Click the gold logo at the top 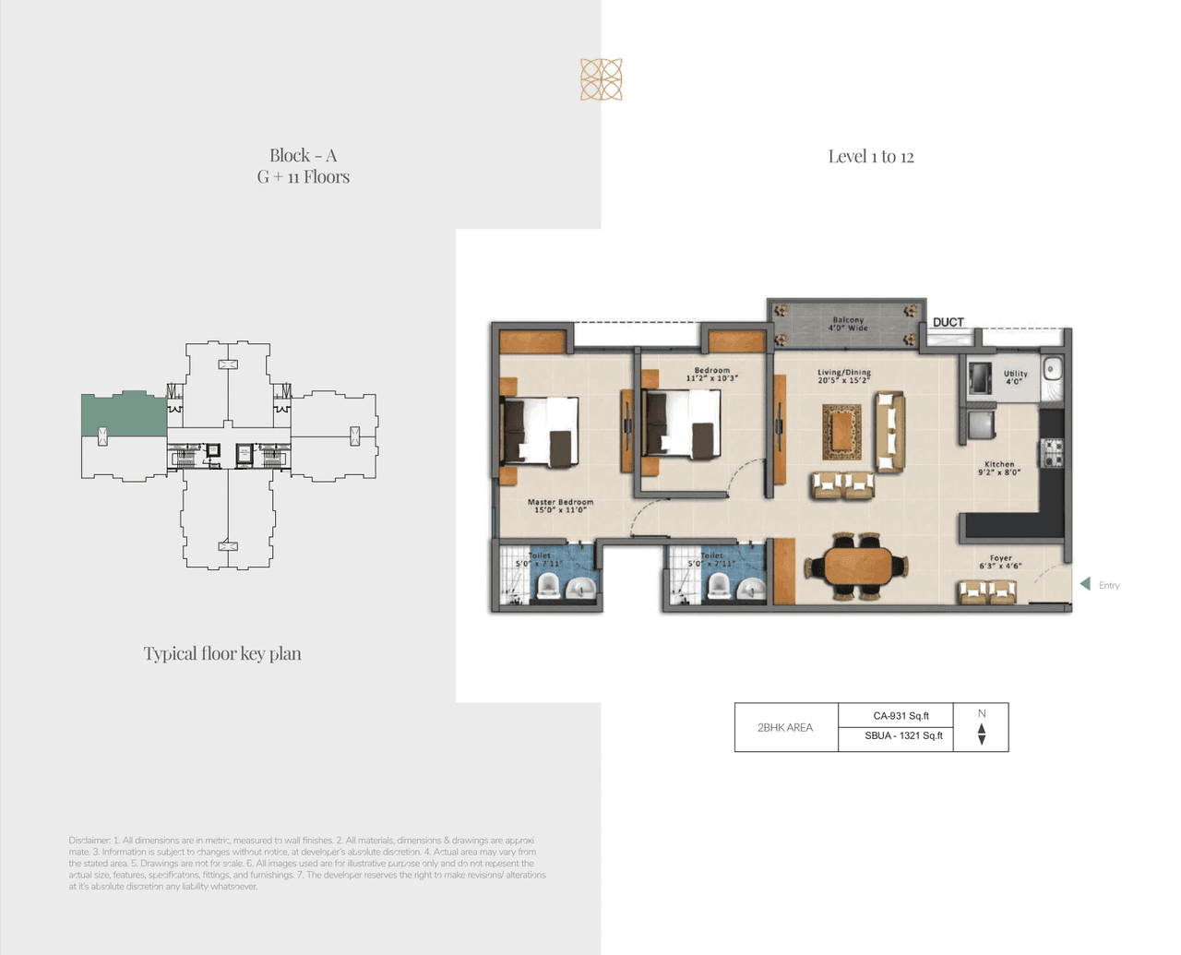[601, 79]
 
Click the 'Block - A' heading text [303, 156]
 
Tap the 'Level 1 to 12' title [870, 157]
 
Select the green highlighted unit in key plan [123, 414]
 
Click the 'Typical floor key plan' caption [222, 654]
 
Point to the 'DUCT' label [948, 322]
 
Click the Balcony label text [848, 324]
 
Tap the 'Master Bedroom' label [560, 506]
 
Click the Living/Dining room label [843, 376]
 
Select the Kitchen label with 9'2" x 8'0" [999, 468]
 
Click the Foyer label [1000, 561]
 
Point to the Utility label [1015, 376]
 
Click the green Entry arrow [1085, 584]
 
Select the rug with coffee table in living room [841, 432]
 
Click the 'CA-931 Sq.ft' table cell [901, 716]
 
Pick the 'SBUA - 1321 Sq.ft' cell [903, 736]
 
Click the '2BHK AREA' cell [785, 727]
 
